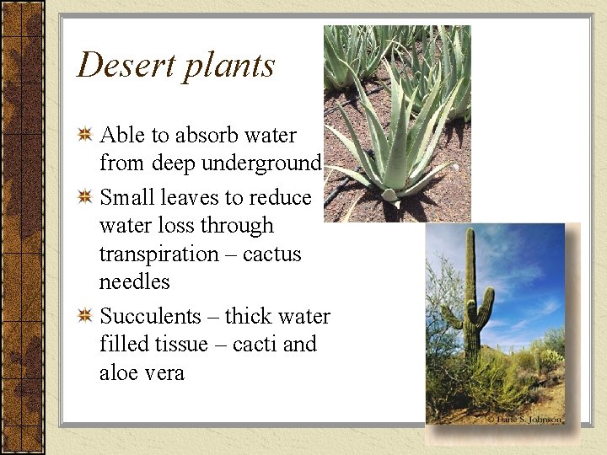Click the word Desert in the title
tap(126, 65)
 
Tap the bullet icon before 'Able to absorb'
tap(85, 135)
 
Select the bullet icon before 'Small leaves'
tap(85, 198)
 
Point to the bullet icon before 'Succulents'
tap(85, 316)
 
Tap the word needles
tap(134, 281)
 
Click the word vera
tap(164, 372)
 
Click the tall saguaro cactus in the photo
tap(471, 303)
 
